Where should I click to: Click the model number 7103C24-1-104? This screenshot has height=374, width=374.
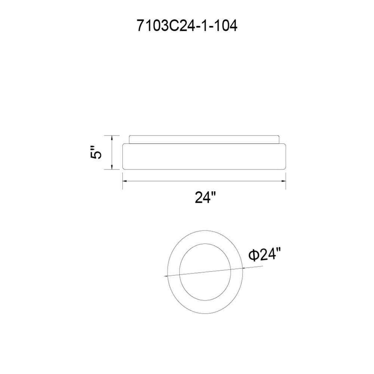187,26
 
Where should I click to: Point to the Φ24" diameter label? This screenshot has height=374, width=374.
264,255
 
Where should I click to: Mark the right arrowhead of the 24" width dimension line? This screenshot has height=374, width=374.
283,181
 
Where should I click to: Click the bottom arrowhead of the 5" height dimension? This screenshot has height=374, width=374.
112,167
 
